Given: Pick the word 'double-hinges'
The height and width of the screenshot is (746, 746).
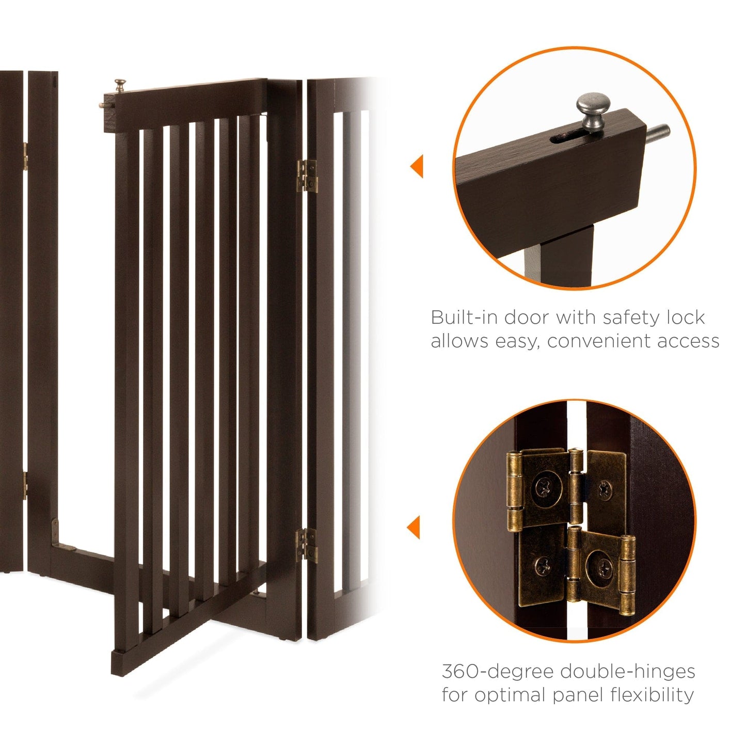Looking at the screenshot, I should (x=628, y=672).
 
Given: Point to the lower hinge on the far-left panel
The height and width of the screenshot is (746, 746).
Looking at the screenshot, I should (x=24, y=485).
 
